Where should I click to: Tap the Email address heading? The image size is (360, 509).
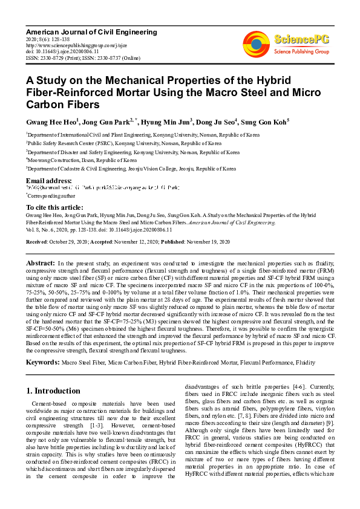click(x=49, y=181)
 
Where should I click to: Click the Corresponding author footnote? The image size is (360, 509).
click(x=51, y=196)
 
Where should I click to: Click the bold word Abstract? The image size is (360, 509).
click(x=40, y=264)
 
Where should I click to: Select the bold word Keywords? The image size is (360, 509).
click(x=42, y=362)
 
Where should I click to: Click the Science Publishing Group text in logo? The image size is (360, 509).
click(x=301, y=52)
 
